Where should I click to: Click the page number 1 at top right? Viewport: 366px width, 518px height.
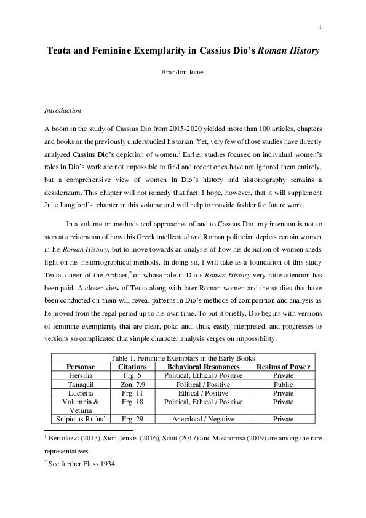[x=321, y=27]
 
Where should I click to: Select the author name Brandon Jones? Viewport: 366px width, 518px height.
[x=183, y=73]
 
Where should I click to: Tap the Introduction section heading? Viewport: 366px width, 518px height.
[x=63, y=111]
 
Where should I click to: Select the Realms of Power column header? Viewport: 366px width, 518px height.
[x=283, y=367]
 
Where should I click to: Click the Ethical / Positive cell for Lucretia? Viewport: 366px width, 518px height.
[x=200, y=392]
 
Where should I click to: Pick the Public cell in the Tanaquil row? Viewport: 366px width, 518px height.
[x=283, y=383]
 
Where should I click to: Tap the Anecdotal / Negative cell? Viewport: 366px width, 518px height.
[x=200, y=418]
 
